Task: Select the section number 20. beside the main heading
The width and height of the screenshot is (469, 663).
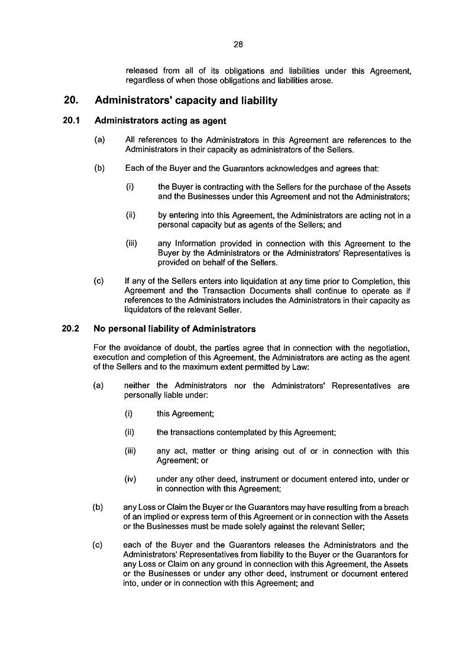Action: pos(72,101)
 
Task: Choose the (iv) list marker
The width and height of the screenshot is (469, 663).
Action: pos(131,479)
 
